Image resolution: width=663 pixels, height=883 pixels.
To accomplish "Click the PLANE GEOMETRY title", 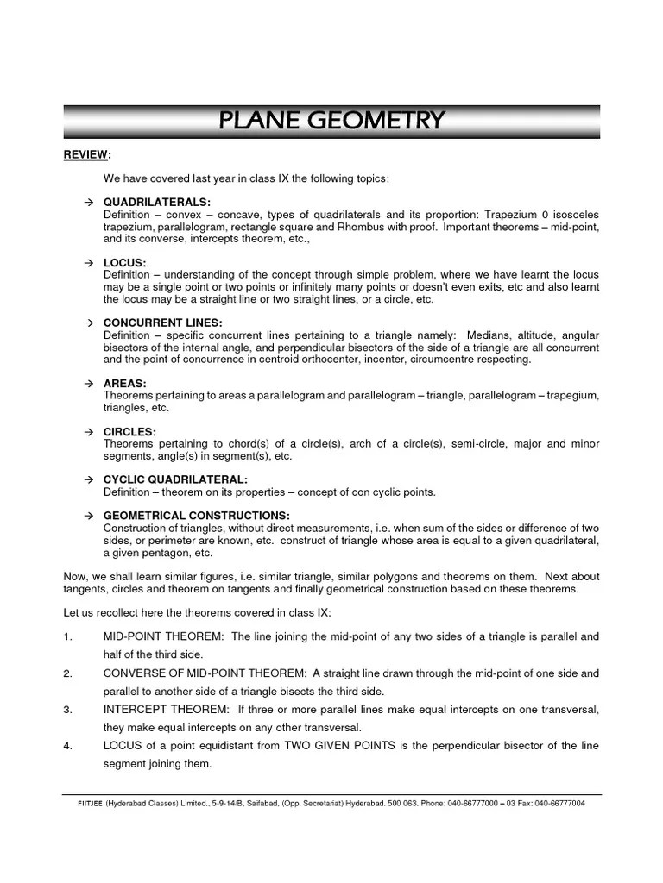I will coord(331,121).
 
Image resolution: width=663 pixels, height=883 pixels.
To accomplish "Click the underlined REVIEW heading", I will coord(86,154).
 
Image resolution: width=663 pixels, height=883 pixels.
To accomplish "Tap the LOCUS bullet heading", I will coord(124,262).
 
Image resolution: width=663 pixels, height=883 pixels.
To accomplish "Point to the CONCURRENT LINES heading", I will coord(162,323).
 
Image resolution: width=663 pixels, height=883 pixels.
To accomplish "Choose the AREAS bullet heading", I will coord(124,383).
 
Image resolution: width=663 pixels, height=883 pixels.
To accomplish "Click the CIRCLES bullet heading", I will coord(129,431).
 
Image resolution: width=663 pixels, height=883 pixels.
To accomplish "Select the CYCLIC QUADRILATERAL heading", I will coord(175,479).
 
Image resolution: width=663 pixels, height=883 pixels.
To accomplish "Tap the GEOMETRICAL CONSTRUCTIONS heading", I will coord(196,516).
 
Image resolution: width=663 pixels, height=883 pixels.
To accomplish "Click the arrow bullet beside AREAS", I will coord(88,383).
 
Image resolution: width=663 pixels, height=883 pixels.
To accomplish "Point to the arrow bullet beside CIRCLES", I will coord(88,431).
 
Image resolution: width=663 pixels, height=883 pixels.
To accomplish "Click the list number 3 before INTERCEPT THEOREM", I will coord(67,709).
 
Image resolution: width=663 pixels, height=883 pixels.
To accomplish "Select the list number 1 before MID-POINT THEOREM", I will coord(67,636).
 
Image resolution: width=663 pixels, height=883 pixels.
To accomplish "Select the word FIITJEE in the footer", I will coord(91,803).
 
